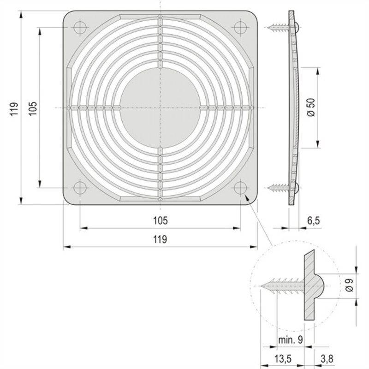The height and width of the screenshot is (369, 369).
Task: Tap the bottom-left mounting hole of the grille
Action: point(79,188)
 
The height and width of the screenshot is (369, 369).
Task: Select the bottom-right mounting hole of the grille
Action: point(240,188)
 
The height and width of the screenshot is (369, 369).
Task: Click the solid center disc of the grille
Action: point(160,107)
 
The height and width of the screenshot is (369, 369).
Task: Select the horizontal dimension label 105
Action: point(160,221)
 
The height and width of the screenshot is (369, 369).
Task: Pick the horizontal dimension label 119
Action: point(160,239)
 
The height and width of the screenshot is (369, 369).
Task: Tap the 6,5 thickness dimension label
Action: point(313,221)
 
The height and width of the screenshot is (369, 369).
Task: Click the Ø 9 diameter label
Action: point(349,286)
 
